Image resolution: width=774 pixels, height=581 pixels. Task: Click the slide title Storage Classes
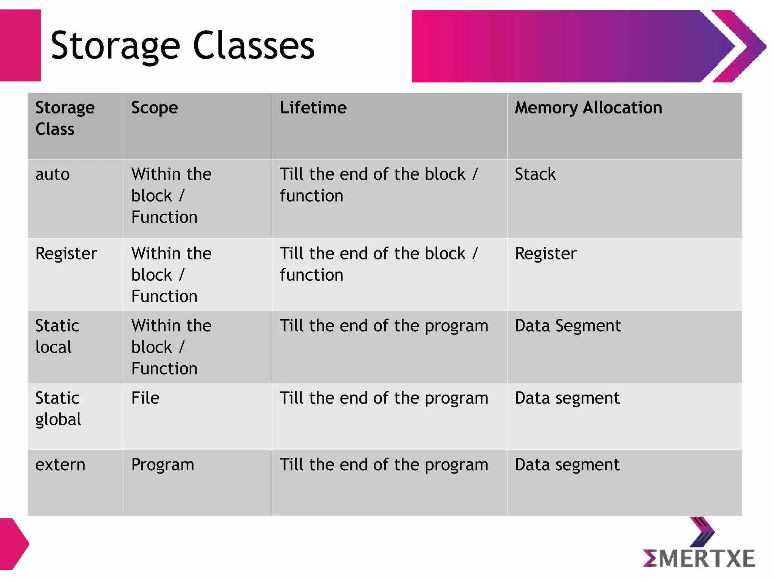pyautogui.click(x=183, y=46)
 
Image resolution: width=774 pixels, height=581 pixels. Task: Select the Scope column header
pyautogui.click(x=154, y=108)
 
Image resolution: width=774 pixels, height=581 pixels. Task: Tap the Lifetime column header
pyautogui.click(x=313, y=108)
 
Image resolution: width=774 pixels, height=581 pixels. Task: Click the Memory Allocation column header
pyautogui.click(x=588, y=108)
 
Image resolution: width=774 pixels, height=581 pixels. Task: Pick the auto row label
pyautogui.click(x=53, y=174)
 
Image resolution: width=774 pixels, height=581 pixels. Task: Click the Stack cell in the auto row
pyautogui.click(x=535, y=174)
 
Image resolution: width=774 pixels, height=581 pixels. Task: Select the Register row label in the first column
pyautogui.click(x=66, y=253)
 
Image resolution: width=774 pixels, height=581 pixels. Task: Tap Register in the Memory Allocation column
pyautogui.click(x=545, y=253)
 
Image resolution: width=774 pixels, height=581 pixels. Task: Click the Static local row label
pyautogui.click(x=57, y=336)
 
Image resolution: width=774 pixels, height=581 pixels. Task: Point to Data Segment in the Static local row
pyautogui.click(x=568, y=326)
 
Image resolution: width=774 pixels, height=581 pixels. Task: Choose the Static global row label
pyautogui.click(x=58, y=409)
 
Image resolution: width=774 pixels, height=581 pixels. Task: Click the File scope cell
pyautogui.click(x=145, y=398)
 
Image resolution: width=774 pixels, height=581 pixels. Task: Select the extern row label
pyautogui.click(x=60, y=464)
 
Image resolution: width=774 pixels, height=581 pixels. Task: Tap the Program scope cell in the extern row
pyautogui.click(x=163, y=465)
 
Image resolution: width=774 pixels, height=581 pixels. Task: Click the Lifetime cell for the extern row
pyautogui.click(x=384, y=465)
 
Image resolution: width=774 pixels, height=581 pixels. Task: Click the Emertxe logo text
pyautogui.click(x=699, y=559)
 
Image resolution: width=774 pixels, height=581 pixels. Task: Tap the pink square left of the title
pyautogui.click(x=20, y=45)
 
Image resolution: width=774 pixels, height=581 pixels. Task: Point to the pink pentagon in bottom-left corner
pyautogui.click(x=13, y=544)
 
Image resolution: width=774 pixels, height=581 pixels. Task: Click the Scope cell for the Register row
pyautogui.click(x=171, y=275)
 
